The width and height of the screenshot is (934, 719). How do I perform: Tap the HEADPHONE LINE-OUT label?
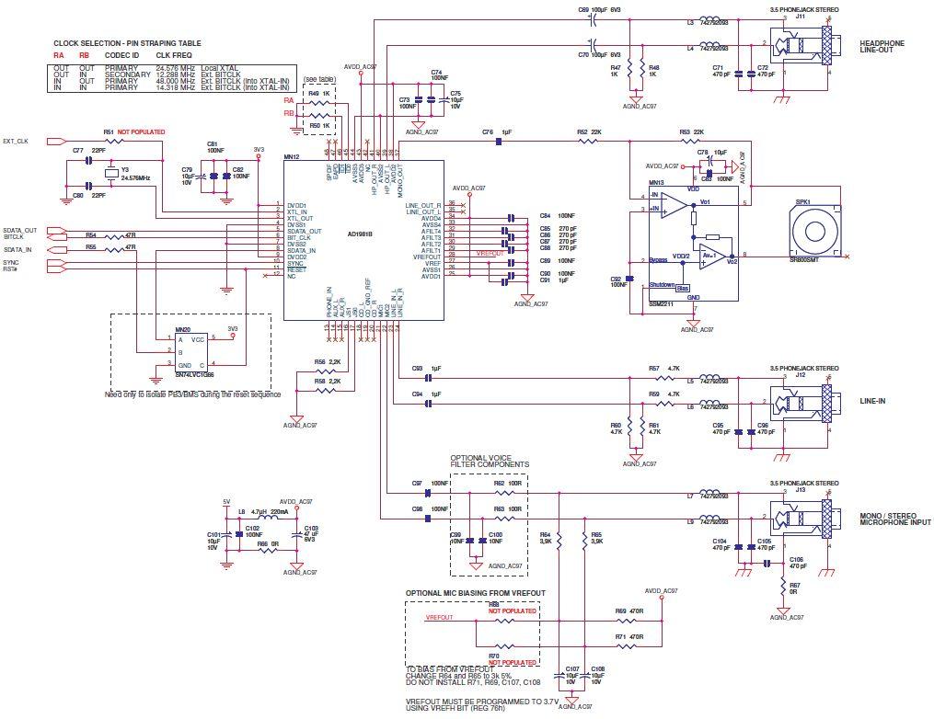(x=882, y=47)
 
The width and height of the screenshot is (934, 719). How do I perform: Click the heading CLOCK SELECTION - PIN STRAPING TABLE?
(x=127, y=43)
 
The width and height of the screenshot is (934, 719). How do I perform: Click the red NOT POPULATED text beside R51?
(x=142, y=132)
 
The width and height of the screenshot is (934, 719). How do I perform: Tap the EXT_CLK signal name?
(x=17, y=142)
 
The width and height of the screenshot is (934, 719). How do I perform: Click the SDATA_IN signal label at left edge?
(x=18, y=249)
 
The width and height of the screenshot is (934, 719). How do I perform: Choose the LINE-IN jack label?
(x=874, y=401)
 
